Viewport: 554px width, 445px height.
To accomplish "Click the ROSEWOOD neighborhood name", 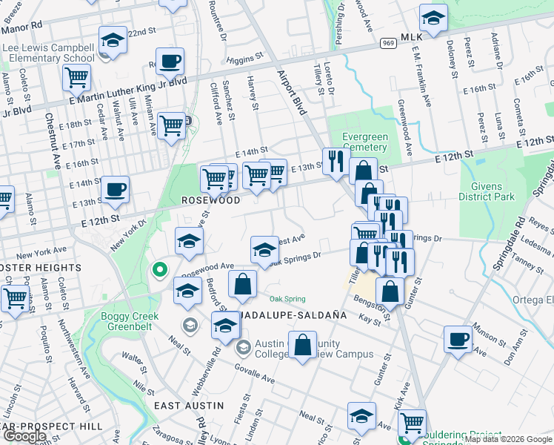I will click(x=211, y=201).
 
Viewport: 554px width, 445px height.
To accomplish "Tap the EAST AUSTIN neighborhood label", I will click(x=188, y=406).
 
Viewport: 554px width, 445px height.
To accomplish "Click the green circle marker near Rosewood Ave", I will click(x=158, y=271).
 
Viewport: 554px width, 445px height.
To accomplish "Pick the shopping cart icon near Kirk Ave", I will click(x=412, y=423).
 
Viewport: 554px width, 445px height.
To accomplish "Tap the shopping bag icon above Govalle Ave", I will click(x=302, y=345).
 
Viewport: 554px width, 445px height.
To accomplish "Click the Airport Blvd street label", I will click(x=292, y=92).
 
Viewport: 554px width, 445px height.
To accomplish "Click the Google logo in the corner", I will click(x=24, y=437).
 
